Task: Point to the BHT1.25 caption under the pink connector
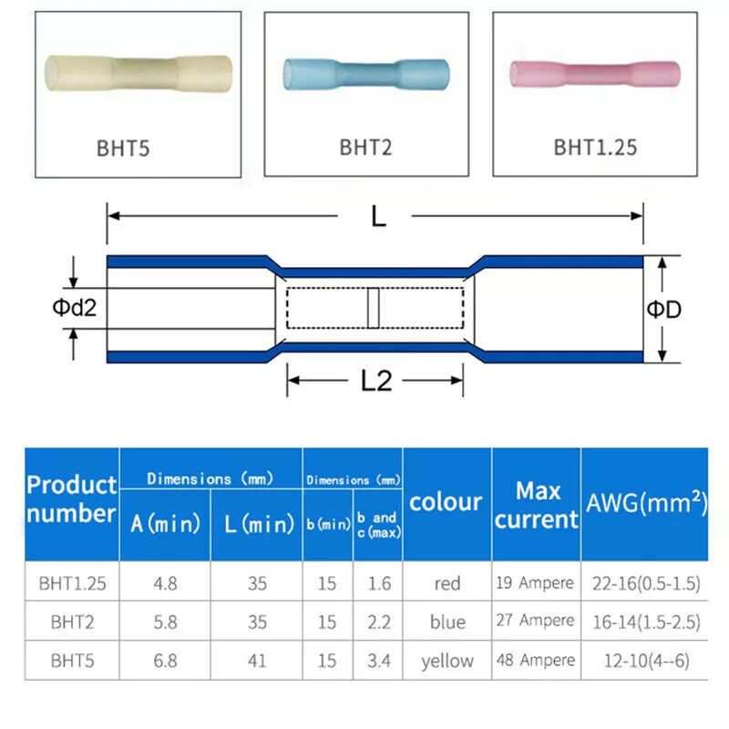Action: [x=595, y=147]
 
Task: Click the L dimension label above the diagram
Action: [x=377, y=217]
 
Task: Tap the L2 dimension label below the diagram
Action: [x=375, y=381]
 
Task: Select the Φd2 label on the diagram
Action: [x=73, y=308]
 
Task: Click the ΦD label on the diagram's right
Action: [x=664, y=310]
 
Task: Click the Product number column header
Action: [x=72, y=498]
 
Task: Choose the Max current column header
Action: [x=536, y=505]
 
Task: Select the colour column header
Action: [x=446, y=501]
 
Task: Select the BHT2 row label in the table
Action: [x=72, y=621]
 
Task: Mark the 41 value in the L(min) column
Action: [x=257, y=661]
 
